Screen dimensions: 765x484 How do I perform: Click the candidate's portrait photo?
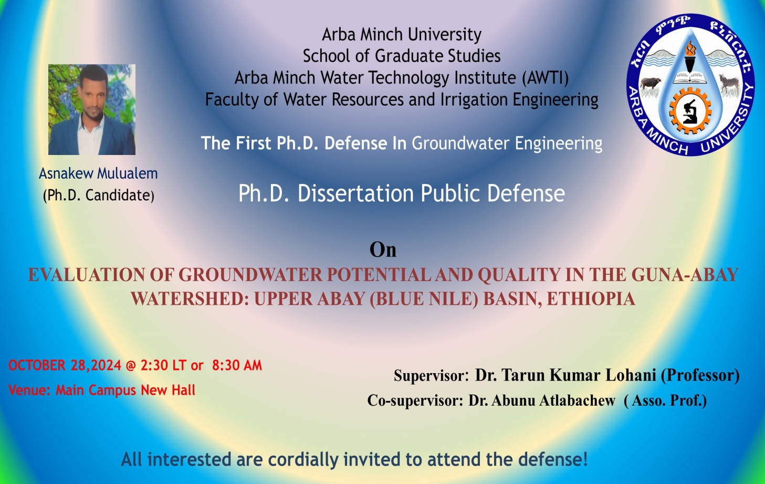pyautogui.click(x=92, y=109)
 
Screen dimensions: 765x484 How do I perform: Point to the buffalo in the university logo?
pyautogui.click(x=651, y=84)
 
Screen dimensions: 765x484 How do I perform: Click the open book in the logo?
pyautogui.click(x=690, y=77)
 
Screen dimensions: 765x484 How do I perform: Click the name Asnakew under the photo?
pyautogui.click(x=66, y=173)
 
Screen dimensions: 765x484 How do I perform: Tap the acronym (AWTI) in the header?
pyautogui.click(x=546, y=78)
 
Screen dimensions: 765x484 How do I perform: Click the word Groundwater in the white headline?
pyautogui.click(x=460, y=143)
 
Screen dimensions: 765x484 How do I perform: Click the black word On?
pyautogui.click(x=383, y=250)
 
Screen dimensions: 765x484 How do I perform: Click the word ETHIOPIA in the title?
pyautogui.click(x=591, y=298)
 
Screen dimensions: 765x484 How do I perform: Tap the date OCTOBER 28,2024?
pyautogui.click(x=65, y=365)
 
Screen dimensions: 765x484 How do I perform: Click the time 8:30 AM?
pyautogui.click(x=237, y=365)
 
